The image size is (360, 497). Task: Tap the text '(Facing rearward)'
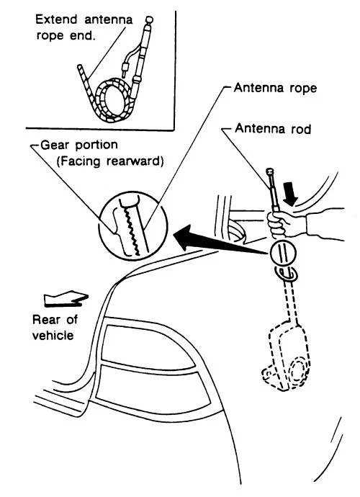109,161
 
